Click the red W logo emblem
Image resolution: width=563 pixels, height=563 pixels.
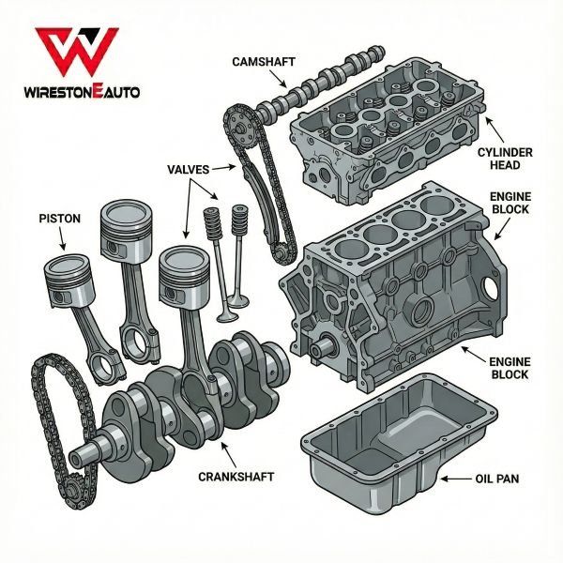pos(79,53)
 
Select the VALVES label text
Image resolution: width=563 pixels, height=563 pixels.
pos(189,169)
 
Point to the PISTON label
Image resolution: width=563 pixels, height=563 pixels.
pos(60,218)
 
